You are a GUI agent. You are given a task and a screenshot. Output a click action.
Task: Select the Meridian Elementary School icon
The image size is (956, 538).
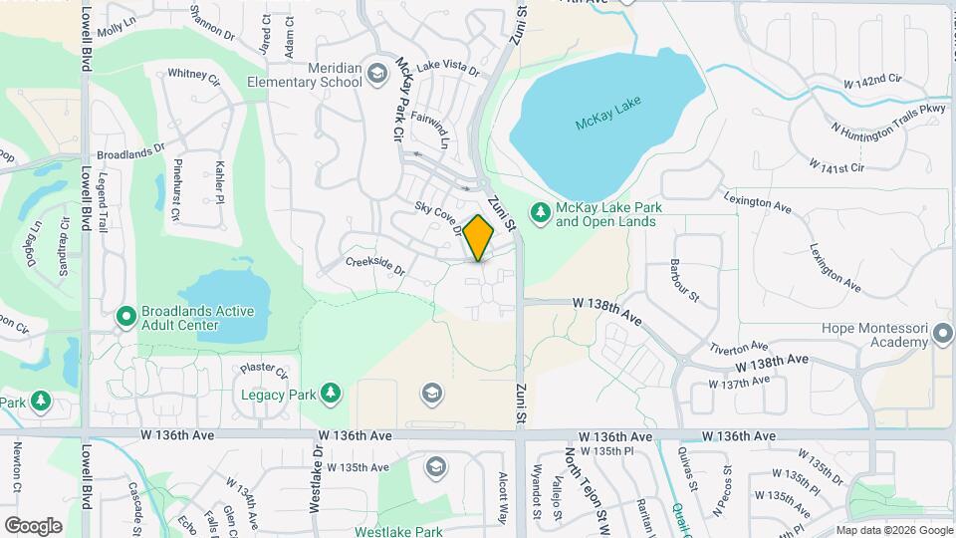click(x=376, y=72)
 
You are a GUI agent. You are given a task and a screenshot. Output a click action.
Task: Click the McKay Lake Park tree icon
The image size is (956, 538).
click(x=540, y=212)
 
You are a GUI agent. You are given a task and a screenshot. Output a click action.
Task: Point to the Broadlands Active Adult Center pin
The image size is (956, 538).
click(x=126, y=318)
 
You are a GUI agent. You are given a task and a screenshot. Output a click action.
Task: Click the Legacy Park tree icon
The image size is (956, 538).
click(x=331, y=394)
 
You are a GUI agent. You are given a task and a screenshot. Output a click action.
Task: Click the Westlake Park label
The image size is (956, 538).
click(x=399, y=531)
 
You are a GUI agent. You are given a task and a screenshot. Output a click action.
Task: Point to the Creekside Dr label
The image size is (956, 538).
click(x=375, y=266)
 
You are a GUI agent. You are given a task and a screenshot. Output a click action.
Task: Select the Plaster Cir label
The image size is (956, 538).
click(x=263, y=370)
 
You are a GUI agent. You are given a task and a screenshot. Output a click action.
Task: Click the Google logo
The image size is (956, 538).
click(x=33, y=525)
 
